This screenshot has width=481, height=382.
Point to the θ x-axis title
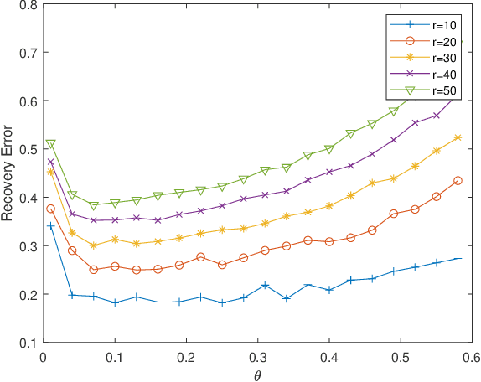pyautogui.click(x=257, y=375)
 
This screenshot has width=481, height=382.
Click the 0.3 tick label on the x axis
pyautogui.click(x=258, y=355)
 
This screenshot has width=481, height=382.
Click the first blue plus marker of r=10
pyautogui.click(x=51, y=226)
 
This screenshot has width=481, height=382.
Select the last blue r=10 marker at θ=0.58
pyautogui.click(x=458, y=258)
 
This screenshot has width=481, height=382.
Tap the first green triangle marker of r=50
pyautogui.click(x=51, y=144)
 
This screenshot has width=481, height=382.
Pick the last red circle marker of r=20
pyautogui.click(x=458, y=180)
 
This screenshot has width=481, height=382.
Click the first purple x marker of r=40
pyautogui.click(x=51, y=162)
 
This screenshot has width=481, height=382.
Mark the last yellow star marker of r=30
pyautogui.click(x=458, y=137)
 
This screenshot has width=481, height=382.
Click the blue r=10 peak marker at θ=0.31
pyautogui.click(x=265, y=286)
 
